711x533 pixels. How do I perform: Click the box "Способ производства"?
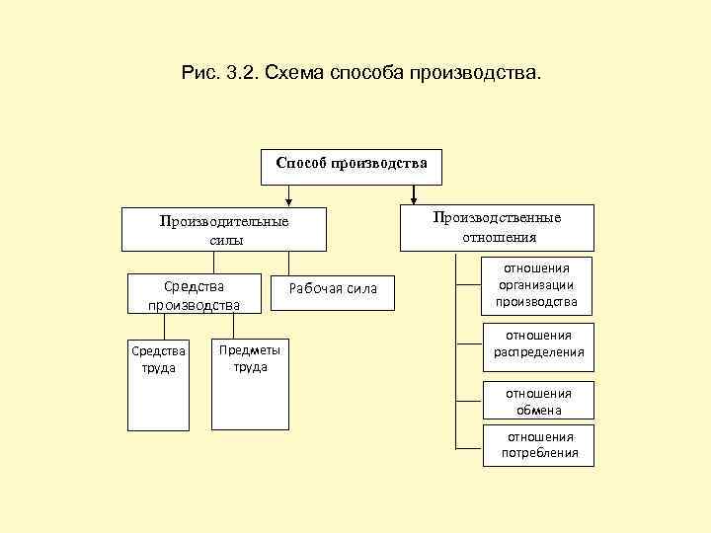pos(351,165)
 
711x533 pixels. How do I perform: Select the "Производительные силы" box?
pos(224,230)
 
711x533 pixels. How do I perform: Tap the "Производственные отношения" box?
pos(498,227)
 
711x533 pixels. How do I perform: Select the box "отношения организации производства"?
pos(537,284)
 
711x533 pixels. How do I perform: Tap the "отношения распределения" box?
pos(538,343)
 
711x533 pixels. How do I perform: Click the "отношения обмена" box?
pos(538,402)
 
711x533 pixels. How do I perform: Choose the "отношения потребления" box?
pos(538,445)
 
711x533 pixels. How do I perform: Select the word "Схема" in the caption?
pos(302,74)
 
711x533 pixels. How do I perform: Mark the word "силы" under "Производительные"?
pos(226,240)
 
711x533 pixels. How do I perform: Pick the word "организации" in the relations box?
pos(537,284)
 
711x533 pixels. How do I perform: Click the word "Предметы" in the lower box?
pos(249,350)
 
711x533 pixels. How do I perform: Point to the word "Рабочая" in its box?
pos(311,288)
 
